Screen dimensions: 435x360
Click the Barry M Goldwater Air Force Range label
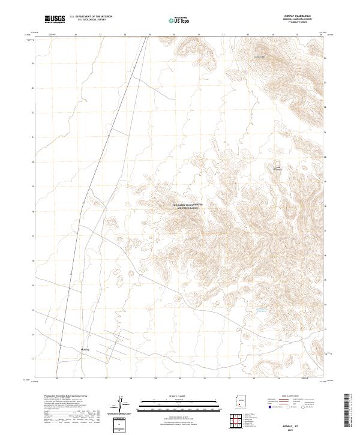[188, 206]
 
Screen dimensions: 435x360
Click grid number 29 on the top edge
[149, 35]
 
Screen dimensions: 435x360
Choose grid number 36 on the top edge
[322, 35]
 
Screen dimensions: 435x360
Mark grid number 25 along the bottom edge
[56, 379]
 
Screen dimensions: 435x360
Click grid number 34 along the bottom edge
[278, 379]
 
